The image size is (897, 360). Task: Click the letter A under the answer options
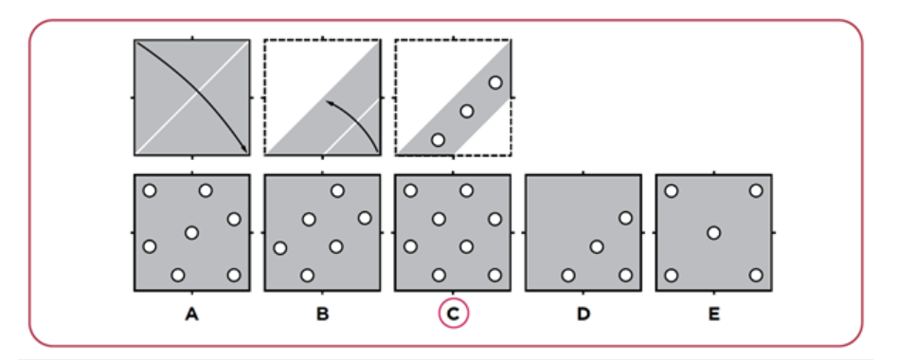click(x=192, y=315)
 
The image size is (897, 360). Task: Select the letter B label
click(x=323, y=315)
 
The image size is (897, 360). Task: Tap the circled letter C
click(x=453, y=315)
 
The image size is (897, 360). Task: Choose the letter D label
click(x=583, y=315)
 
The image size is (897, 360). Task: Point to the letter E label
click(x=714, y=315)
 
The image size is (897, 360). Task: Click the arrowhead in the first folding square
click(x=244, y=149)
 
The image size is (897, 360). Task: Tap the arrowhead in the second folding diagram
click(x=329, y=103)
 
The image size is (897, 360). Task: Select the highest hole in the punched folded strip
click(x=495, y=82)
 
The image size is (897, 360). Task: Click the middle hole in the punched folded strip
click(x=467, y=111)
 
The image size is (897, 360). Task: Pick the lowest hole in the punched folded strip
click(x=438, y=139)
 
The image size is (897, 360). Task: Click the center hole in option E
click(x=713, y=233)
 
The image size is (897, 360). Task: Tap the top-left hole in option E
click(x=672, y=190)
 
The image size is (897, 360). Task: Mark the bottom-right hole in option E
click(x=756, y=276)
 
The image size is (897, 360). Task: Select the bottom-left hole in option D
click(x=568, y=276)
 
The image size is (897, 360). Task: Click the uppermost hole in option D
click(x=625, y=218)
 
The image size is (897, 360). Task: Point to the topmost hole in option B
click(x=337, y=190)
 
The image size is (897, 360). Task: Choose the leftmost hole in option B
click(x=279, y=248)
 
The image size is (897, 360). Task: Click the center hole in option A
click(x=191, y=233)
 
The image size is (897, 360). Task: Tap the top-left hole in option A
click(x=150, y=190)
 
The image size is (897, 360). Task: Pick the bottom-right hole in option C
click(x=494, y=276)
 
